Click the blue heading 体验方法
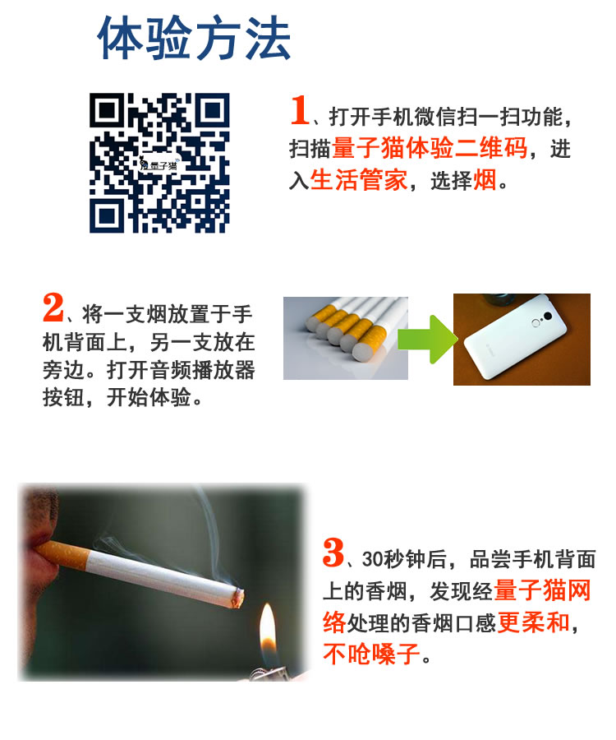coord(194,38)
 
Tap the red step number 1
coord(299,110)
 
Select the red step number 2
coord(53,308)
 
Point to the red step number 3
coord(333,553)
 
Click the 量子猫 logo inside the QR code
coord(159,164)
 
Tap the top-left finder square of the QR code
coord(107,111)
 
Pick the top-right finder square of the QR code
coord(213,111)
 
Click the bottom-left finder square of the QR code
coord(107,215)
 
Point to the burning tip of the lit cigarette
coord(238,598)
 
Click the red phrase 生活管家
coord(359,180)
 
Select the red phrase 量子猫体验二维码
coord(430,148)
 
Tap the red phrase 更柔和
coord(534,622)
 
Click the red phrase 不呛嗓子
coord(372,654)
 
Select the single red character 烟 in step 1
coord(485,180)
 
